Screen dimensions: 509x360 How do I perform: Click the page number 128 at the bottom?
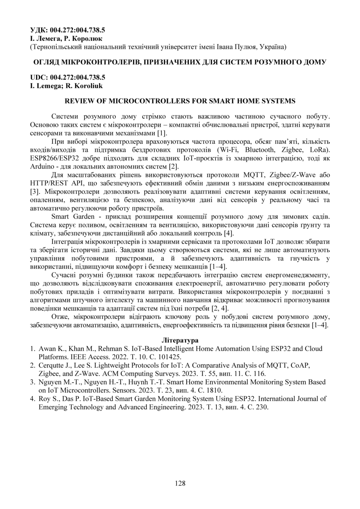pyautogui.click(x=180, y=483)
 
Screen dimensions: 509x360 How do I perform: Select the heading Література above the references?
pyautogui.click(x=180, y=341)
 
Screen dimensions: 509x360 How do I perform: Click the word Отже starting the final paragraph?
pyautogui.click(x=60, y=317)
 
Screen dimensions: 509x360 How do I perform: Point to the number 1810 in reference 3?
pyautogui.click(x=213, y=390)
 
